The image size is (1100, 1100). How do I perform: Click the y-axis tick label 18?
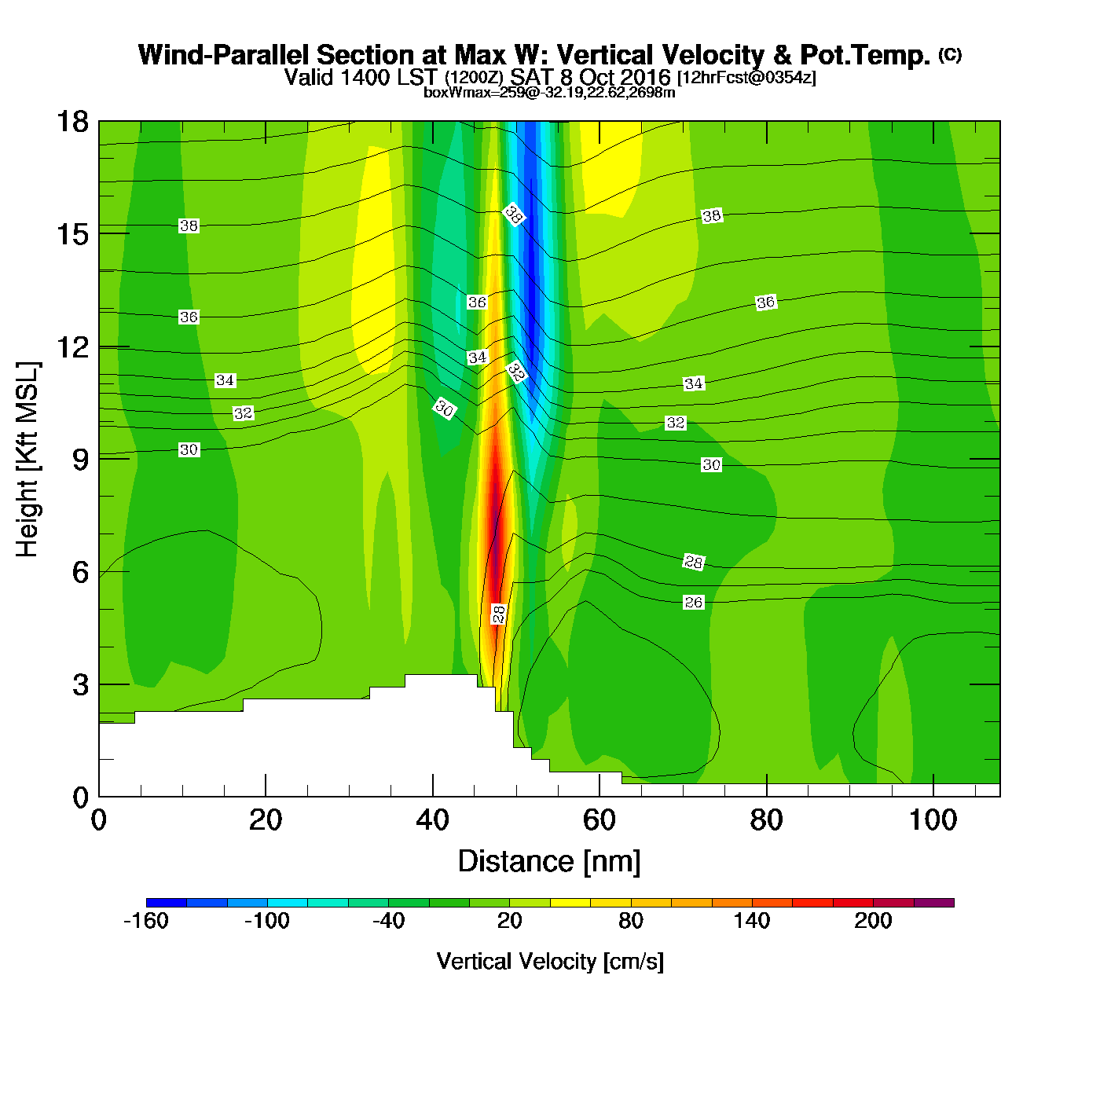pos(71,122)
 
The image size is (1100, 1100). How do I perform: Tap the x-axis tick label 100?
pos(933,820)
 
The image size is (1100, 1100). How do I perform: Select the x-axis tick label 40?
pos(432,820)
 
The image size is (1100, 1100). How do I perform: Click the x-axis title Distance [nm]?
pos(549,862)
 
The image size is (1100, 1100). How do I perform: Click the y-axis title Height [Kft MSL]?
pos(27,460)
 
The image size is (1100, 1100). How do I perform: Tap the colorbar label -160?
pos(146,921)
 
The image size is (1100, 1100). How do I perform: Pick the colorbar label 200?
pos(873,921)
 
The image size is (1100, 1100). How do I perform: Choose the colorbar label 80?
pos(631,921)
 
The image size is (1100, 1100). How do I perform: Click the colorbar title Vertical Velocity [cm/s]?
pos(550,961)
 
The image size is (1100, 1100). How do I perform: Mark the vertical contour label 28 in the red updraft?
pos(499,614)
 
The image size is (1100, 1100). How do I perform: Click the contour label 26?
pos(693,603)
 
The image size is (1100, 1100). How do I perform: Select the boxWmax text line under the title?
pos(549,93)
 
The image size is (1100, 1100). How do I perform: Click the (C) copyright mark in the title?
pos(950,54)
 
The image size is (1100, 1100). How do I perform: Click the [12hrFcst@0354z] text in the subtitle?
pos(746,78)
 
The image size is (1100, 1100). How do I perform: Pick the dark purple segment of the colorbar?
pos(934,903)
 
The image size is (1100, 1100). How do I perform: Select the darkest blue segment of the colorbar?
pos(166,903)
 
